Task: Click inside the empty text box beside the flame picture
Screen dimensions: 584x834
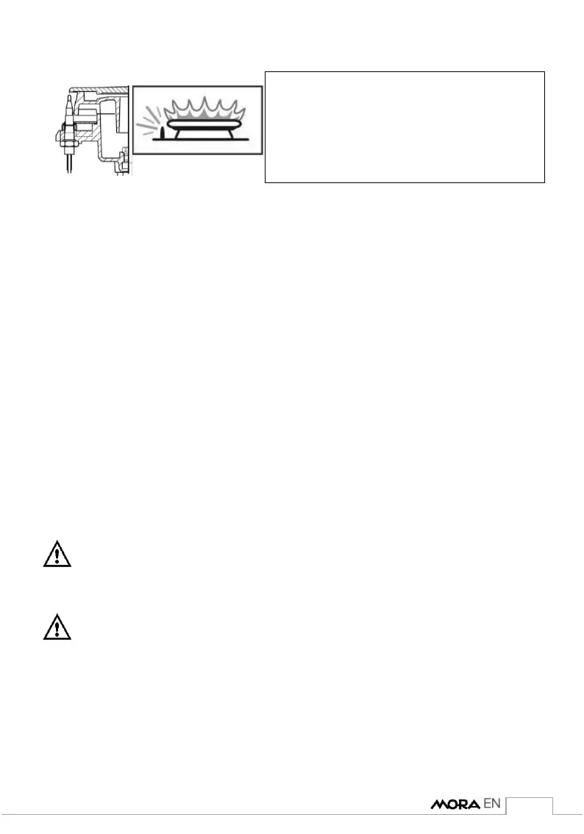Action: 404,126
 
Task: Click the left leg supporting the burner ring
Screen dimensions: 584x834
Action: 175,137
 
